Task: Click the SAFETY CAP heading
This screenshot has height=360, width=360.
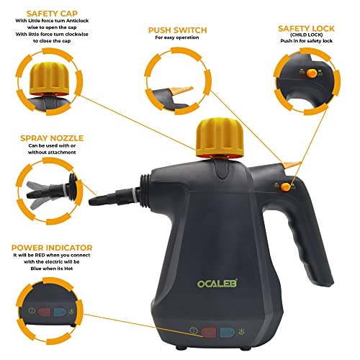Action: [x=52, y=14]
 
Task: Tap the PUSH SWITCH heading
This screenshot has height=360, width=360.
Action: [x=177, y=30]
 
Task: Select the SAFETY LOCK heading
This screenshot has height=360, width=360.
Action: [x=306, y=29]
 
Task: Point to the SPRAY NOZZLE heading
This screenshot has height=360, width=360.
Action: [x=52, y=138]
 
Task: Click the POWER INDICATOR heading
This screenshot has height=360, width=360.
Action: [x=52, y=248]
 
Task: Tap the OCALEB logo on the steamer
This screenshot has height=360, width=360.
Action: [x=217, y=284]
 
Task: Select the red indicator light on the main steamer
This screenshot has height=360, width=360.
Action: [x=209, y=333]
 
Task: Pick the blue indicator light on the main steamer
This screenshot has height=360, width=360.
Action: [x=227, y=333]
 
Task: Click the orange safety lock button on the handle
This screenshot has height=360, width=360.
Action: [x=285, y=186]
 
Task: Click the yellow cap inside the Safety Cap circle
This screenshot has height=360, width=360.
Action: [x=51, y=78]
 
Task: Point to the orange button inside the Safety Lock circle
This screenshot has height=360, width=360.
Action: [x=312, y=73]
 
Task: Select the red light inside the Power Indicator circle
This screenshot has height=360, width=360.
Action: [x=44, y=312]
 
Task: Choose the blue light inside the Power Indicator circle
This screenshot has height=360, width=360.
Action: [x=59, y=312]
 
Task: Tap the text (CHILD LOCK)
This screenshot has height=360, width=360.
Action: [x=306, y=35]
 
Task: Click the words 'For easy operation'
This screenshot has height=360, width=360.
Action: [x=177, y=37]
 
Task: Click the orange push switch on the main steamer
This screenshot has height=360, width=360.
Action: [x=291, y=165]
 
